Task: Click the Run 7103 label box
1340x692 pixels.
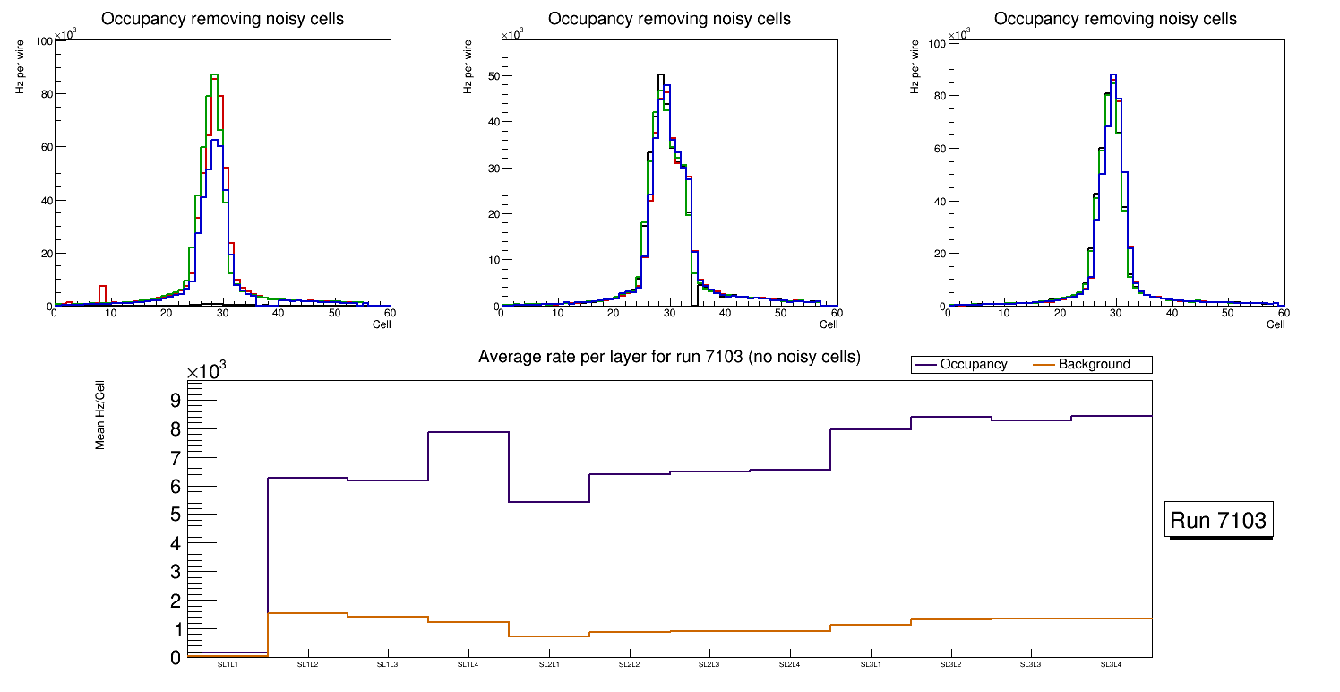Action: [1219, 520]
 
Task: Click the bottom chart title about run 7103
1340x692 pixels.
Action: [669, 357]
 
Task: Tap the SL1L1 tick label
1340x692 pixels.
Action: [228, 665]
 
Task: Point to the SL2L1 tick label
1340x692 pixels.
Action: [549, 665]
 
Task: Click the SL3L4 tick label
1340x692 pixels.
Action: [1112, 665]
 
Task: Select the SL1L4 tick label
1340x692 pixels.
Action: [468, 665]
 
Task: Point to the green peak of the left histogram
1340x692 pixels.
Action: [214, 75]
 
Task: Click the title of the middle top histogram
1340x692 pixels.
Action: [669, 19]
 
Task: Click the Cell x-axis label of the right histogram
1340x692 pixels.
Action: [1276, 324]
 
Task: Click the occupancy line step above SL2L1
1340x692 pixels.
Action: [549, 502]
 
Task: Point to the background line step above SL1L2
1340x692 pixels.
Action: [307, 613]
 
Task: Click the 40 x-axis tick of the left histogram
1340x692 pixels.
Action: [278, 313]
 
